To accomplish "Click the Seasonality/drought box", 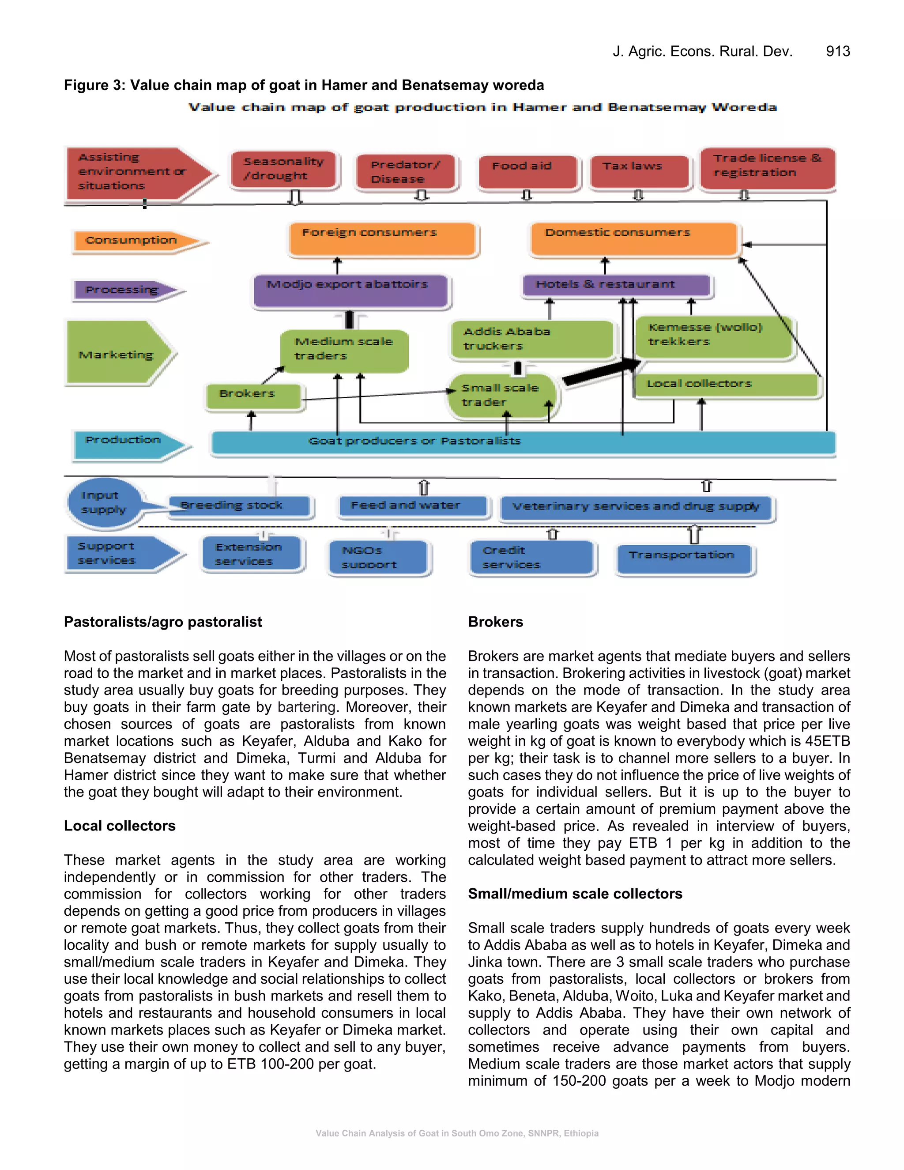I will (284, 169).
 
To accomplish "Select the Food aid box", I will (527, 171).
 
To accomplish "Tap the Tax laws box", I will (638, 171).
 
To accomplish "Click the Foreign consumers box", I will (382, 238).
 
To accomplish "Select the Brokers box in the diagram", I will (253, 396).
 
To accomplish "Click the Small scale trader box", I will (502, 396).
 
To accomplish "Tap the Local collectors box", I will (726, 385).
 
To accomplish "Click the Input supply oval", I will (103, 502).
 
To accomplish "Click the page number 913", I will (837, 51).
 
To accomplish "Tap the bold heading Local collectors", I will (120, 826).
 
